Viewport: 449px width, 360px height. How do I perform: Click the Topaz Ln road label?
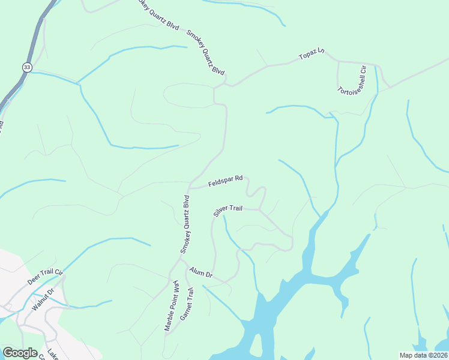312,55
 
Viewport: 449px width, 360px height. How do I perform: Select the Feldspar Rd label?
225,181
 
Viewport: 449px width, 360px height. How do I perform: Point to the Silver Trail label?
228,210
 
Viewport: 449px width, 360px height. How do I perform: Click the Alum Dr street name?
201,273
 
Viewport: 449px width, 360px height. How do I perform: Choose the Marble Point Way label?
171,305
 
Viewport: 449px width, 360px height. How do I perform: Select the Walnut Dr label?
43,298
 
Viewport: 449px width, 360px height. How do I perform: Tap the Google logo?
20,353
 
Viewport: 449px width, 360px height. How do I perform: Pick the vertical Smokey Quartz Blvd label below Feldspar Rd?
185,224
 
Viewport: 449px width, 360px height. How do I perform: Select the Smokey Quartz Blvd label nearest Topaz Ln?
206,53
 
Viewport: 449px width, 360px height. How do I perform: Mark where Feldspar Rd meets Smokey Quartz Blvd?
190,183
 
